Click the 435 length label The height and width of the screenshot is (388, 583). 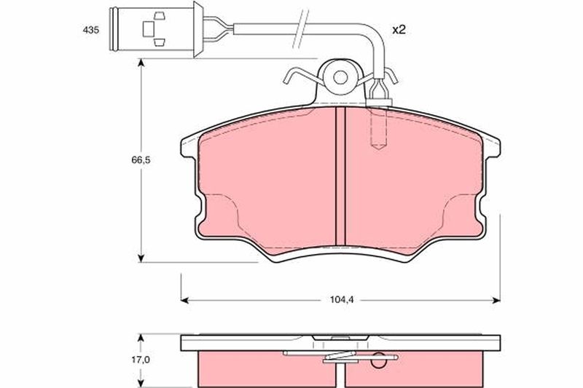point(90,31)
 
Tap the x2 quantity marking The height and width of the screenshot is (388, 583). point(399,30)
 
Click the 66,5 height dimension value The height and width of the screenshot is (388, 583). point(141,160)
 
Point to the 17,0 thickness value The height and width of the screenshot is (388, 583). point(140,360)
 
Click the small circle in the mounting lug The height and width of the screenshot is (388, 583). point(340,78)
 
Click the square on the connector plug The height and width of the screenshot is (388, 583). point(148,28)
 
